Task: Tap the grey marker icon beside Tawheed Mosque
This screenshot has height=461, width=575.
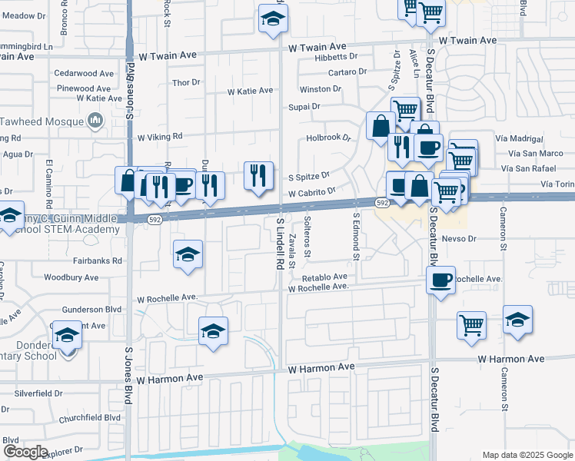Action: [x=95, y=120]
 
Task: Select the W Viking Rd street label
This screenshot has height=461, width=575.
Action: [x=159, y=136]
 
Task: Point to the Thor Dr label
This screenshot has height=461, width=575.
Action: [x=186, y=82]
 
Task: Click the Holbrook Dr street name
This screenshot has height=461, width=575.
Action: [x=328, y=138]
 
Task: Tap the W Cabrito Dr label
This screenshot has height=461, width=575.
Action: [x=312, y=192]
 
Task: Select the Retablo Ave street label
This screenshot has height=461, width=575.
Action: [x=324, y=277]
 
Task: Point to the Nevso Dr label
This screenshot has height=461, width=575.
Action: [x=460, y=239]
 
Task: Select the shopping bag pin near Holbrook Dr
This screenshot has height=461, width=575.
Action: [x=381, y=124]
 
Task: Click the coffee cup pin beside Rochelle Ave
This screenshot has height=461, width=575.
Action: [x=441, y=280]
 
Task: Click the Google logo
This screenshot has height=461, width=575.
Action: [x=25, y=452]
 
